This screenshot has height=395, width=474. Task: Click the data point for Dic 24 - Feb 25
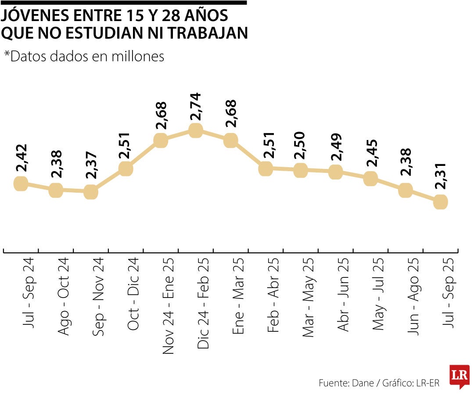point(196,130)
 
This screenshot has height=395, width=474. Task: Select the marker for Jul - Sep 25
point(440,202)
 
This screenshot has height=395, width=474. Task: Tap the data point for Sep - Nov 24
point(90,192)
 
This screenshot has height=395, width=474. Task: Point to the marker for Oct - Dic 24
point(126,169)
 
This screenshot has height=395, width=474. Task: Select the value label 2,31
point(440,176)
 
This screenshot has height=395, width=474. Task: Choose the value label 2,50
point(301,145)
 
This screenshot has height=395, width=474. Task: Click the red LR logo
point(459,376)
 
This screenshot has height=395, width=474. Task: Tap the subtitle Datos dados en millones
point(84,56)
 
